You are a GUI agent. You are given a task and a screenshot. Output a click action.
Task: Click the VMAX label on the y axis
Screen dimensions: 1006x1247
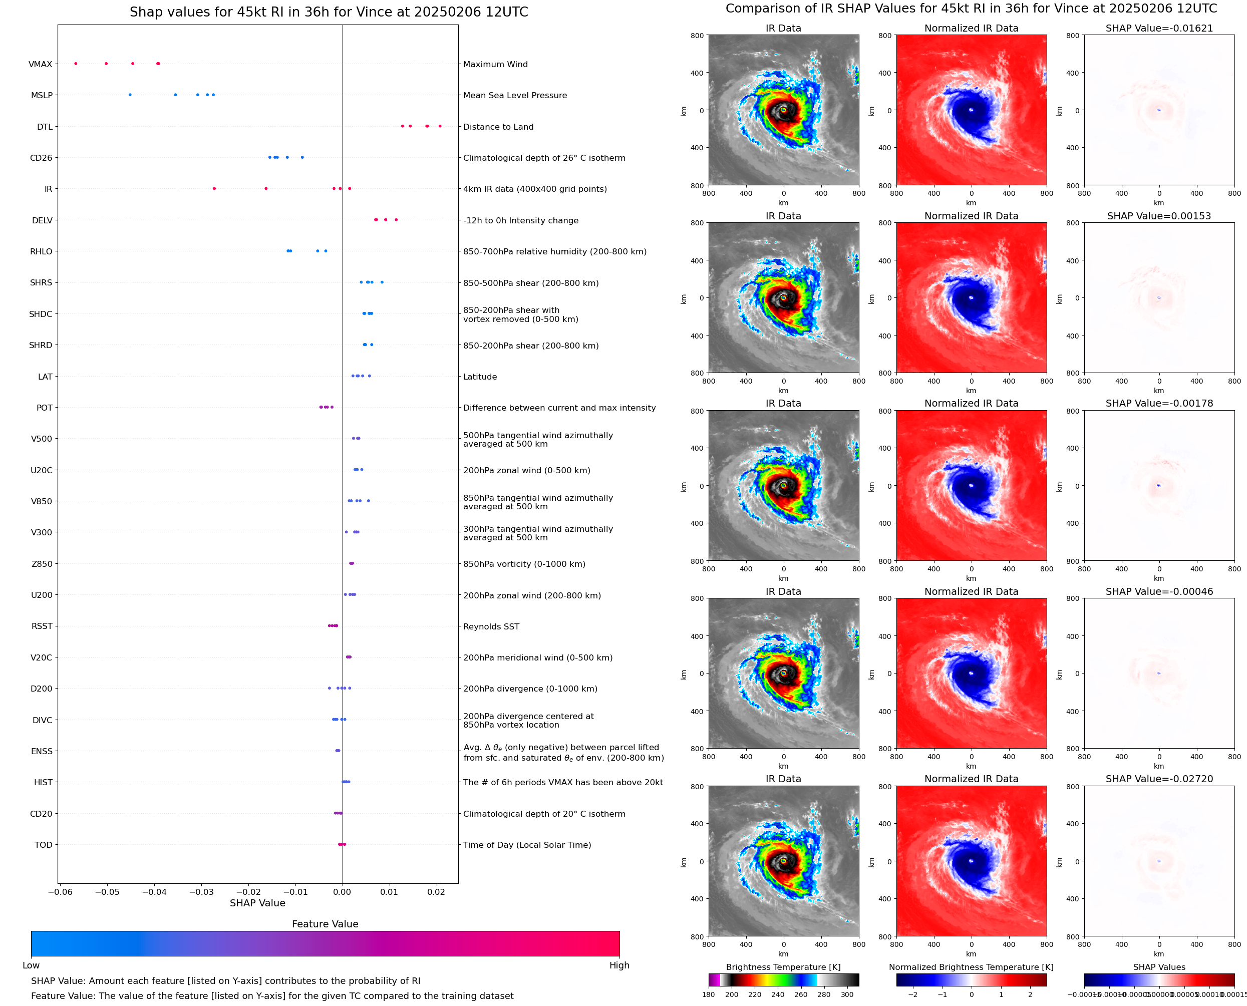click(x=40, y=64)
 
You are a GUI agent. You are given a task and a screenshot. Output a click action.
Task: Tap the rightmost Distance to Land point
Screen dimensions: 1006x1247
click(x=440, y=126)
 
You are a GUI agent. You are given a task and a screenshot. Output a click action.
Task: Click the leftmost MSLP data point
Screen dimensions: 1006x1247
click(x=130, y=95)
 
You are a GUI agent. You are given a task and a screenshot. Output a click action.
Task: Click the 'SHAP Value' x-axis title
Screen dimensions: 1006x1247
click(x=257, y=903)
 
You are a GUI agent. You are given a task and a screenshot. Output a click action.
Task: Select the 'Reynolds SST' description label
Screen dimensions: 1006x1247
click(x=491, y=626)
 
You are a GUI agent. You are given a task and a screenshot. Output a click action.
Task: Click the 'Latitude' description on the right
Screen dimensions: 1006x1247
click(x=480, y=377)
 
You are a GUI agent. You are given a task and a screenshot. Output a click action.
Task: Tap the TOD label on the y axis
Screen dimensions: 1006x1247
click(x=44, y=845)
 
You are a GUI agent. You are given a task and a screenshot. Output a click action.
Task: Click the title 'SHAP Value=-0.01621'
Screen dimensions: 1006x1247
click(x=1159, y=29)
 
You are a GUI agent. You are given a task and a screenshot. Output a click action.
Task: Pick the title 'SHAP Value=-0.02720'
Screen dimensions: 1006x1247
click(x=1159, y=779)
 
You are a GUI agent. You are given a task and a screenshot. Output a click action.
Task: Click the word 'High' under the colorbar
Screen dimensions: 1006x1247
click(x=619, y=965)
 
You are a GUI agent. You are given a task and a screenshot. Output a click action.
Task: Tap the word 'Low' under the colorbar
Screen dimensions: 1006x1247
click(x=31, y=965)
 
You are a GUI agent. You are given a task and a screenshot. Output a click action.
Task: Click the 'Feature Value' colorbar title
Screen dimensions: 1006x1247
click(x=325, y=924)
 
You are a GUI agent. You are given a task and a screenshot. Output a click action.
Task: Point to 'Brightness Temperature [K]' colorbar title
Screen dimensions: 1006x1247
click(x=783, y=967)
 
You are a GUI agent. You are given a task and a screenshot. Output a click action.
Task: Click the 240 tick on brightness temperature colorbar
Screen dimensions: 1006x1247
click(x=778, y=994)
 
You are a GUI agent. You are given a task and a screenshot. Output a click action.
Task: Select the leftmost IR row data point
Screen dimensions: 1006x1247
click(x=214, y=189)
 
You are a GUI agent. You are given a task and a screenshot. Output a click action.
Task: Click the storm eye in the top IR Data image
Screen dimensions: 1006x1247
click(x=783, y=110)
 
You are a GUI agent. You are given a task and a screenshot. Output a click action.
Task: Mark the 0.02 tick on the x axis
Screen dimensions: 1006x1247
click(x=436, y=892)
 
